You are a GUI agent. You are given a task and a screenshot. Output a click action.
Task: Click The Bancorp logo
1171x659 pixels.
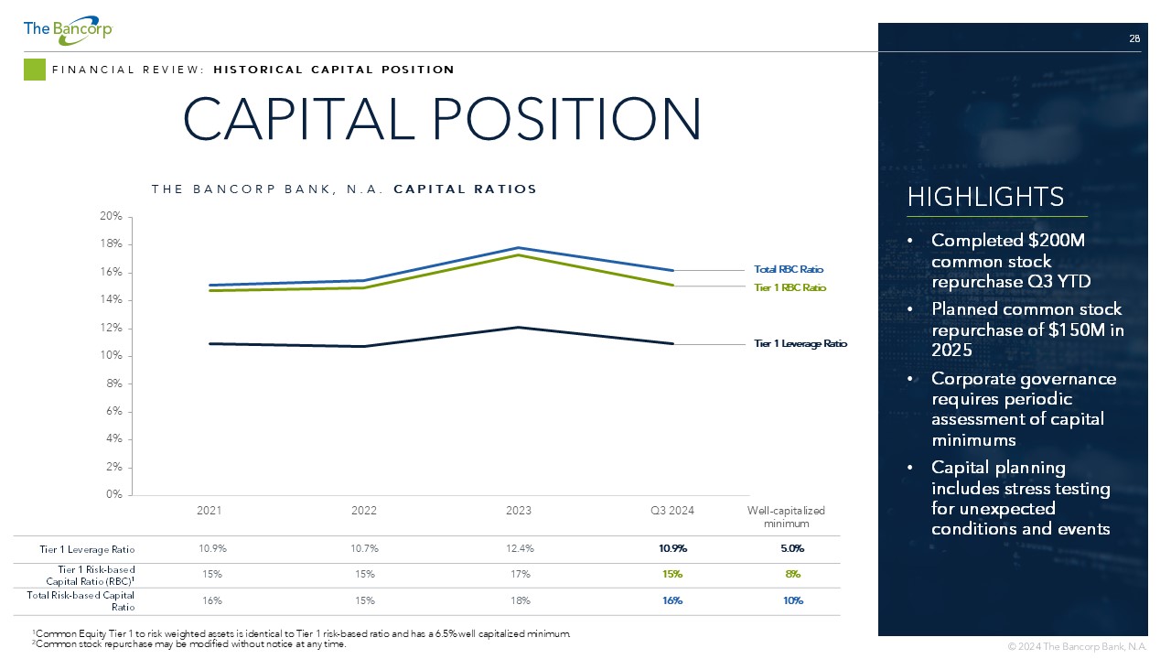[68, 30]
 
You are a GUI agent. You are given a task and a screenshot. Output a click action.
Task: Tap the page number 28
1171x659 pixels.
[1134, 38]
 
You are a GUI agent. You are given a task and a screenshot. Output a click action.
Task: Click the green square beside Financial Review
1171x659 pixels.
[35, 70]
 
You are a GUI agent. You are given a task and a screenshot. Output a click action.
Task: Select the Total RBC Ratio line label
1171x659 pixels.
[789, 269]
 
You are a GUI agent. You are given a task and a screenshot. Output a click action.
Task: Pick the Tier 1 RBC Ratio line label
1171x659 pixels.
[790, 287]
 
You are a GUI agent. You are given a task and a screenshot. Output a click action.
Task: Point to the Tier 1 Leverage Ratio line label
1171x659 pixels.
[800, 343]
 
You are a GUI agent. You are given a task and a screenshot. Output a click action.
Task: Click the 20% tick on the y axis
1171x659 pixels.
[111, 216]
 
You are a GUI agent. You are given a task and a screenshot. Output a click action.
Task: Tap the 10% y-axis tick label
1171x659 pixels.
[111, 356]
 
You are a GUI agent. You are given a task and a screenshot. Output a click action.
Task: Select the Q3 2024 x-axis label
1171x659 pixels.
[672, 511]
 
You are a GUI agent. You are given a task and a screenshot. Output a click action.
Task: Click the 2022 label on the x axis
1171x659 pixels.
[364, 511]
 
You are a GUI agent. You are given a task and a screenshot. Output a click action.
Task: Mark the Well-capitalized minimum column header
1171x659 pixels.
[786, 517]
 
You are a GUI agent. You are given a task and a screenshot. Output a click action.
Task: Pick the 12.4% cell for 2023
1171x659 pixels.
[520, 548]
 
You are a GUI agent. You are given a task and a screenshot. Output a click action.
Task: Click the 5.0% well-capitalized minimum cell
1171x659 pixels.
[792, 548]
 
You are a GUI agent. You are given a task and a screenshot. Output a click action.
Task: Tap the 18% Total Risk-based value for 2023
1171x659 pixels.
[521, 601]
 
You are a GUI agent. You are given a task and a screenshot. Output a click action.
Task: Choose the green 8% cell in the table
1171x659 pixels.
[793, 574]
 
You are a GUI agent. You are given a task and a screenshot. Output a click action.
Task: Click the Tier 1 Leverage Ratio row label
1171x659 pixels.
[87, 550]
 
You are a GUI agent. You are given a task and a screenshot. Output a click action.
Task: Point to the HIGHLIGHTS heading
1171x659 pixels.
[985, 197]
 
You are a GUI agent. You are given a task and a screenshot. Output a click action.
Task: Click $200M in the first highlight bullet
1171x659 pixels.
[1057, 241]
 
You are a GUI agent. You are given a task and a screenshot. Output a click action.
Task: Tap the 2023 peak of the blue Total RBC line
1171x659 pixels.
[518, 248]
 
